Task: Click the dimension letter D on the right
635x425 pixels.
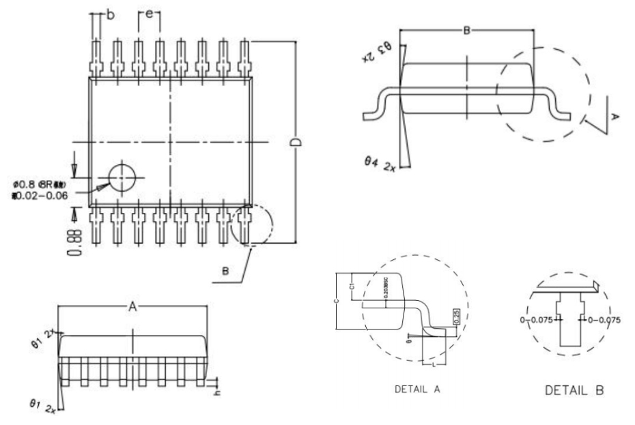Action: tap(296, 142)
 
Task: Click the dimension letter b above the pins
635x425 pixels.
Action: tap(109, 16)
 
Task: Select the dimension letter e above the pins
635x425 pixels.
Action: tap(149, 13)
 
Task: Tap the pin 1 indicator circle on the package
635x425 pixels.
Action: tap(123, 179)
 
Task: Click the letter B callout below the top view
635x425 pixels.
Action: tap(226, 271)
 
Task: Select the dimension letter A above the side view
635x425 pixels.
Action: tap(134, 308)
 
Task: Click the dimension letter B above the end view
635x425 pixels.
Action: tap(467, 31)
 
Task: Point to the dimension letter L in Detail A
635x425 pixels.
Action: tap(435, 364)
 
